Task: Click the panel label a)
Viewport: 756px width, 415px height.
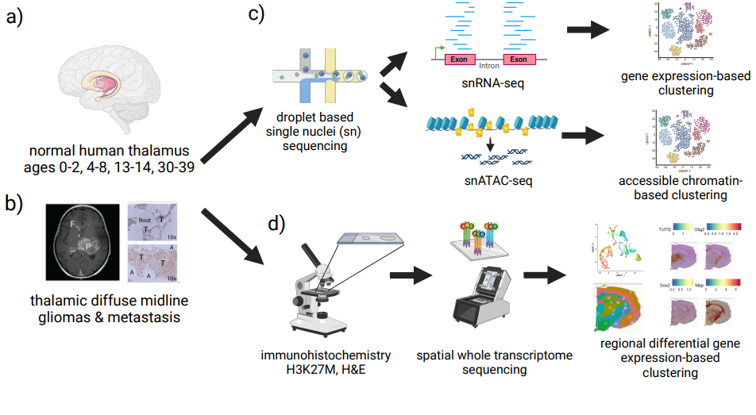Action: tap(16, 17)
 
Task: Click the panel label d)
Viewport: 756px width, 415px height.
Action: tap(275, 224)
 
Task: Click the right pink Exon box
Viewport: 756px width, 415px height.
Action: tap(519, 59)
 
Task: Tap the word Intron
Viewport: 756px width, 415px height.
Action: tap(489, 67)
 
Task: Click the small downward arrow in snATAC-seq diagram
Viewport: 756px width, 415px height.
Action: tap(490, 145)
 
